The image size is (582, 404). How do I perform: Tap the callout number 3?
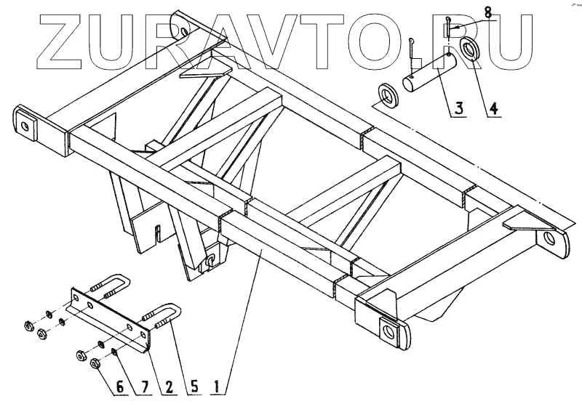459,110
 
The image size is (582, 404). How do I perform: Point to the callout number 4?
493,110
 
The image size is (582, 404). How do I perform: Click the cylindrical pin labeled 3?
429,73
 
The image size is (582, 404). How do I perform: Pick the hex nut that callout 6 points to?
97,363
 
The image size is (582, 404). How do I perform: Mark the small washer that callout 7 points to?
115,353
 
